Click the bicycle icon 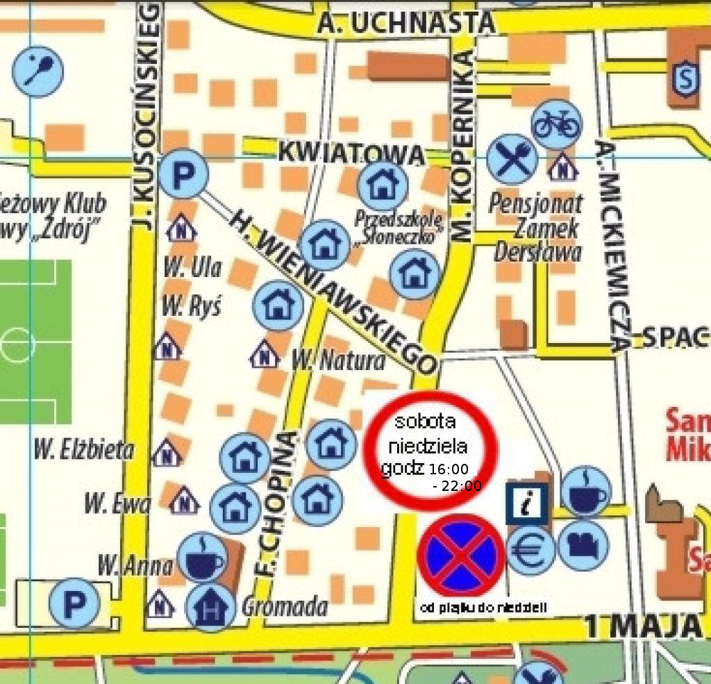coord(556,124)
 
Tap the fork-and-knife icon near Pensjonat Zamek coord(512,159)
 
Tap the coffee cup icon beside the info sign coord(586,491)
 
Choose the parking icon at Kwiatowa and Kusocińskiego coord(183,174)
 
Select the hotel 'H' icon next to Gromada coord(210,606)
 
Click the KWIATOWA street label coord(351,153)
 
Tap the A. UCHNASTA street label coord(407,24)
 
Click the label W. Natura coord(337,360)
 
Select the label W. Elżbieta coord(83,450)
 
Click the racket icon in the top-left coord(38,71)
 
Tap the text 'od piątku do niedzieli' coord(484,608)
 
